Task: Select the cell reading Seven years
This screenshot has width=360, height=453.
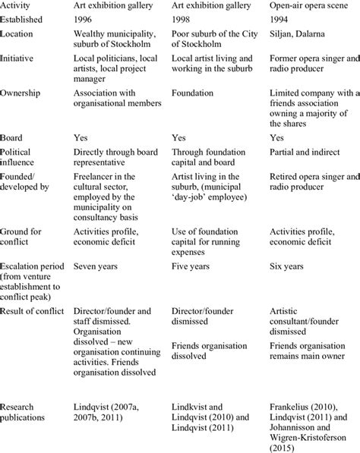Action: coord(96,266)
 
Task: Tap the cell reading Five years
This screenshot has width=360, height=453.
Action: coord(191,266)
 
